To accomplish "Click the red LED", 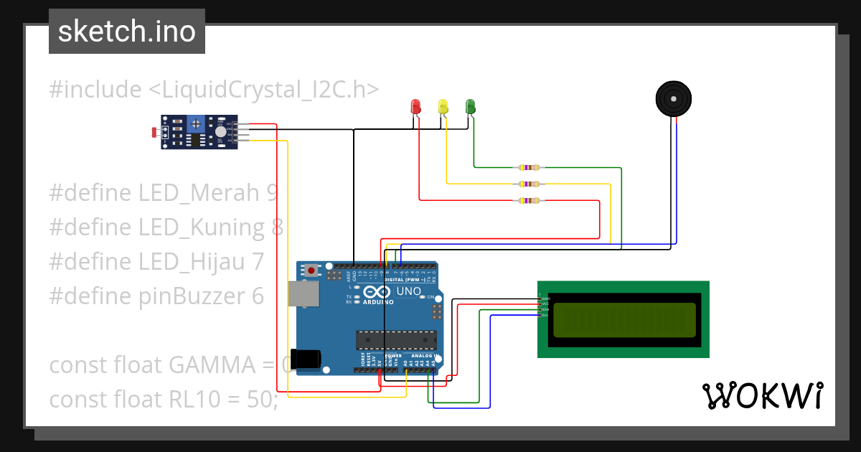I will (415, 107).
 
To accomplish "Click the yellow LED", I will (443, 107).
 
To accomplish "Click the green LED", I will (470, 106).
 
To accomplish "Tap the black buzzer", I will (675, 98).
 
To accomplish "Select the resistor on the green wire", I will (529, 168).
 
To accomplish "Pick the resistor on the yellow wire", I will (529, 184).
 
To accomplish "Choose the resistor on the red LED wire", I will (529, 201).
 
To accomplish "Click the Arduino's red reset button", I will (311, 270).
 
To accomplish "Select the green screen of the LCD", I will (624, 320).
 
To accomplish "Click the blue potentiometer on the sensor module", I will (196, 126).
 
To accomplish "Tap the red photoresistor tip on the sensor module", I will (154, 132).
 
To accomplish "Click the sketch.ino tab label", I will (127, 32).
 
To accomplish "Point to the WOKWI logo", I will (762, 395).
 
